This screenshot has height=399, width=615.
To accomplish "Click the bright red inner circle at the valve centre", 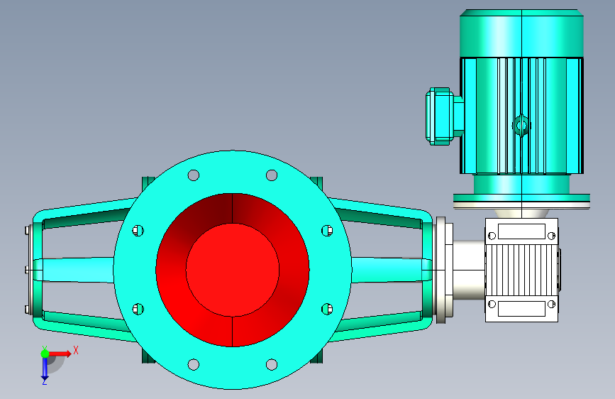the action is click(233, 270).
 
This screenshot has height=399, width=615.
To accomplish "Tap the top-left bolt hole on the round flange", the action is click(194, 175).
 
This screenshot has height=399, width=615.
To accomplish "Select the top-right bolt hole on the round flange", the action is click(272, 175).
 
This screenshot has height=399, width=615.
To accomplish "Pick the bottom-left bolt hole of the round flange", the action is click(194, 364).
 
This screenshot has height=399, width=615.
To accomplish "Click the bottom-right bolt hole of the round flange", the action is click(272, 364).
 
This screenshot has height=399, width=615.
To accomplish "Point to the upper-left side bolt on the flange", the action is click(138, 231).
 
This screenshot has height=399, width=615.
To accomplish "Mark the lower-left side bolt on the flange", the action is click(138, 309).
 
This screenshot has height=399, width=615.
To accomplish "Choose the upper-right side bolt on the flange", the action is click(327, 231).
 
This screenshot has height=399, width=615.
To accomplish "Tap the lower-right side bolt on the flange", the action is click(327, 309).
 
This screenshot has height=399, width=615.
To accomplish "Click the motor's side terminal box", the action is click(443, 116).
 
